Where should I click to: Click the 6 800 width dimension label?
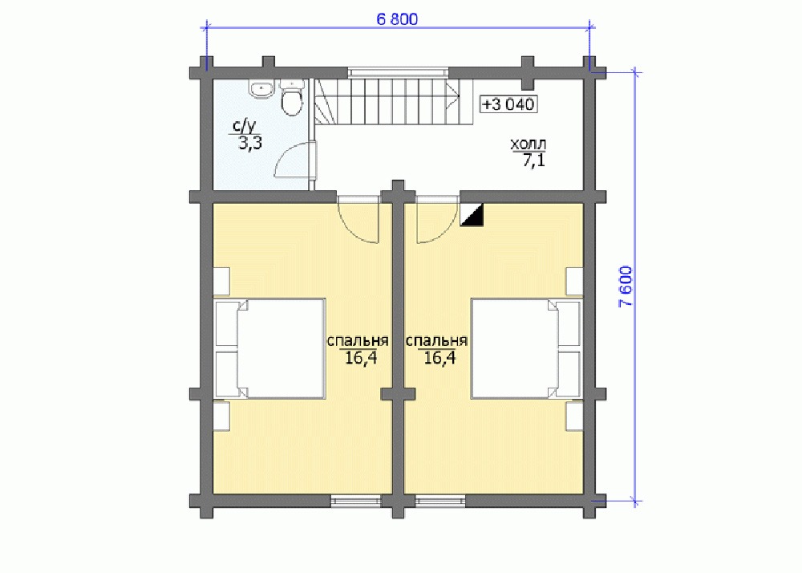click(397, 19)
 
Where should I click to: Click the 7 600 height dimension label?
click(626, 286)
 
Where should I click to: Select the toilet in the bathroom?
click(292, 98)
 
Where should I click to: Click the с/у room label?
click(244, 126)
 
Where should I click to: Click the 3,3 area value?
click(250, 143)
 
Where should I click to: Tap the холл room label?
click(528, 144)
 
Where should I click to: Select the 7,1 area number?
click(534, 161)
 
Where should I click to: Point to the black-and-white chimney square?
click(472, 214)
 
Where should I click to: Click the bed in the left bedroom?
click(269, 348)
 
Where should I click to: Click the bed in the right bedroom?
click(526, 348)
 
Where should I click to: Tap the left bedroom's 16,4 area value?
click(361, 358)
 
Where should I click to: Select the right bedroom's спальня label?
click(436, 341)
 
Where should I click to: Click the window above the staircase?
click(399, 73)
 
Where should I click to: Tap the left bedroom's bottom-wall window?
click(356, 500)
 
